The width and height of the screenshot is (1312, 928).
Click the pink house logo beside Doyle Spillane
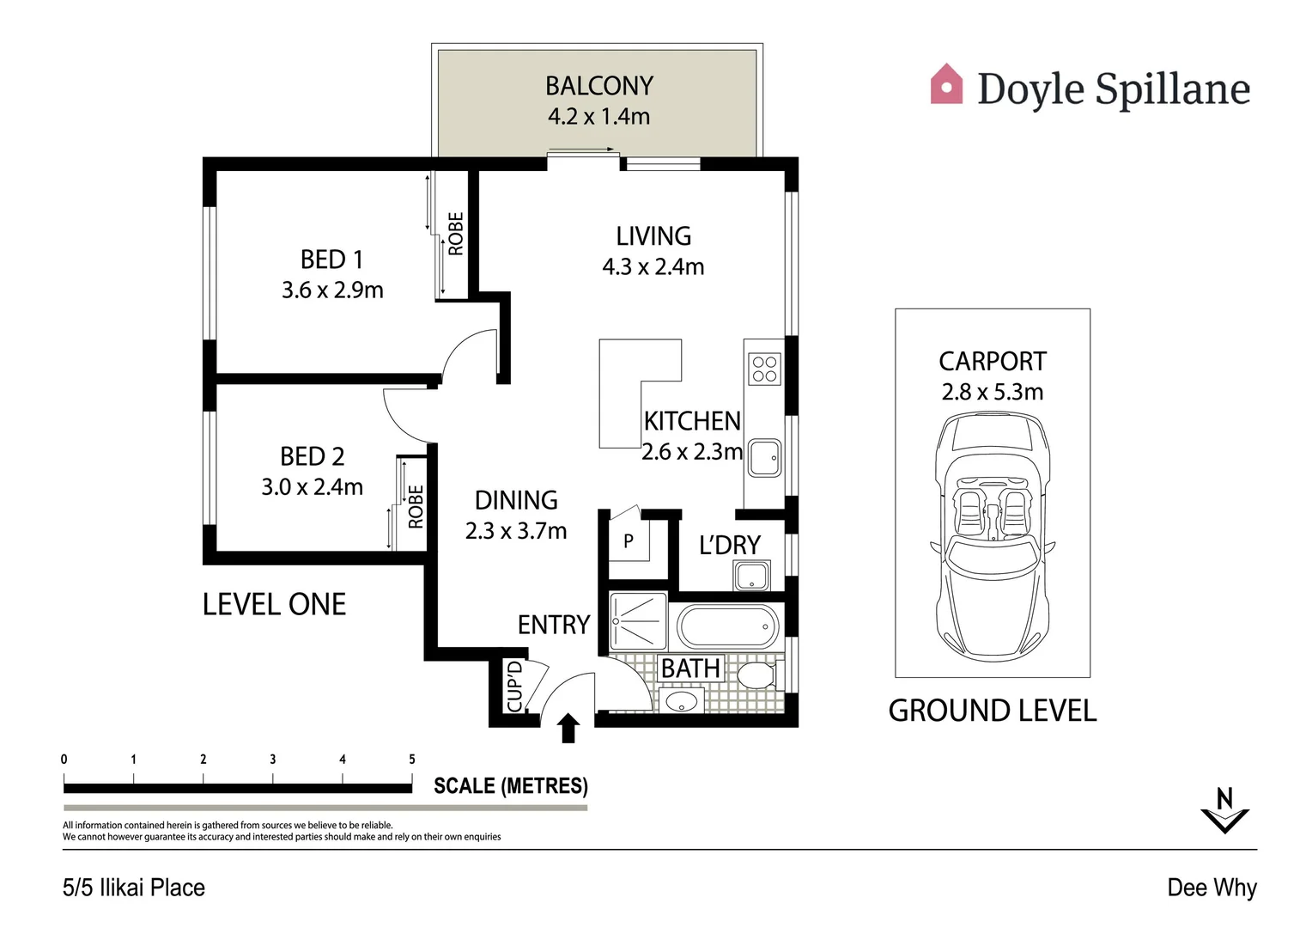(946, 84)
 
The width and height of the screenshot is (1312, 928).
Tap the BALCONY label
(599, 86)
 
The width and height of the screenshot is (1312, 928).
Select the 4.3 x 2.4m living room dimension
(653, 266)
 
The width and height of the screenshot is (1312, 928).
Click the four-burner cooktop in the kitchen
(764, 369)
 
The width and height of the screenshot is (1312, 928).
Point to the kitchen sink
(764, 458)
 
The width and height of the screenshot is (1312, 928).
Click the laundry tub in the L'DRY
(751, 575)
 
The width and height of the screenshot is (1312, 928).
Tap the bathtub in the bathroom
(728, 626)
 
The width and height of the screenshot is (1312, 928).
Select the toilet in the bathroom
(758, 675)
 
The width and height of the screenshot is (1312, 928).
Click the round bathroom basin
(682, 701)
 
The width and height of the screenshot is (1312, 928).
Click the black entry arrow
(568, 728)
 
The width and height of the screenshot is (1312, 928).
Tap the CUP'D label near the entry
(515, 686)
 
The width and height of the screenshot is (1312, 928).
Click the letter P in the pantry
(629, 540)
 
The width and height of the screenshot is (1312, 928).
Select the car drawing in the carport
(993, 536)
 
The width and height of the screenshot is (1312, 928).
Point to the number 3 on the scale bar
(273, 760)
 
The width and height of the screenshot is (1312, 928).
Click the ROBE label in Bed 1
(456, 234)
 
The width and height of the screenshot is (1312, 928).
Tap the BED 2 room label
(313, 456)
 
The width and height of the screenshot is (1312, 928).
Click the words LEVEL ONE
(274, 604)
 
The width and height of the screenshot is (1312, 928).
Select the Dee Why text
(1212, 888)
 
